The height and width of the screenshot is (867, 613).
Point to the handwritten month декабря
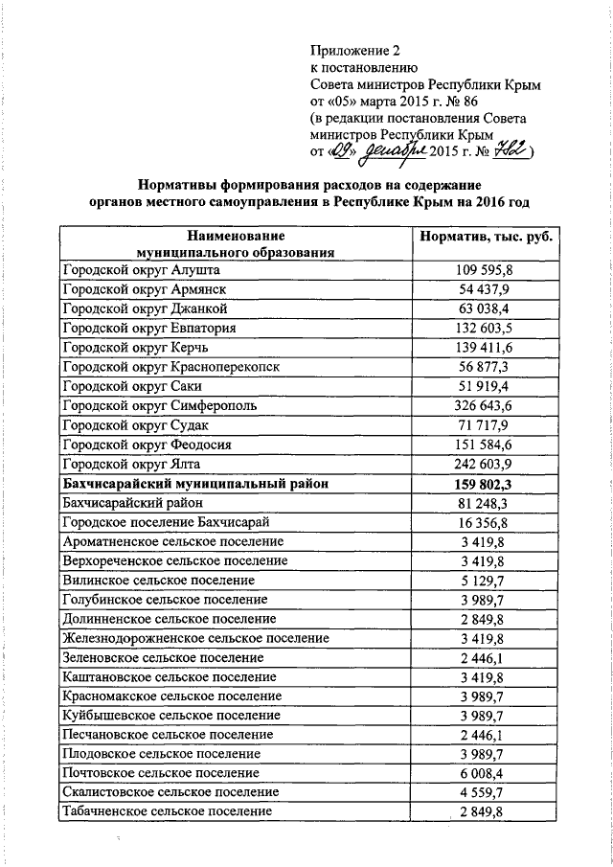click(392, 151)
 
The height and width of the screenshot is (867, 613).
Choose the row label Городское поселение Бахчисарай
click(165, 522)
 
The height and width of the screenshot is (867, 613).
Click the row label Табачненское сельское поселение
click(166, 811)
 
